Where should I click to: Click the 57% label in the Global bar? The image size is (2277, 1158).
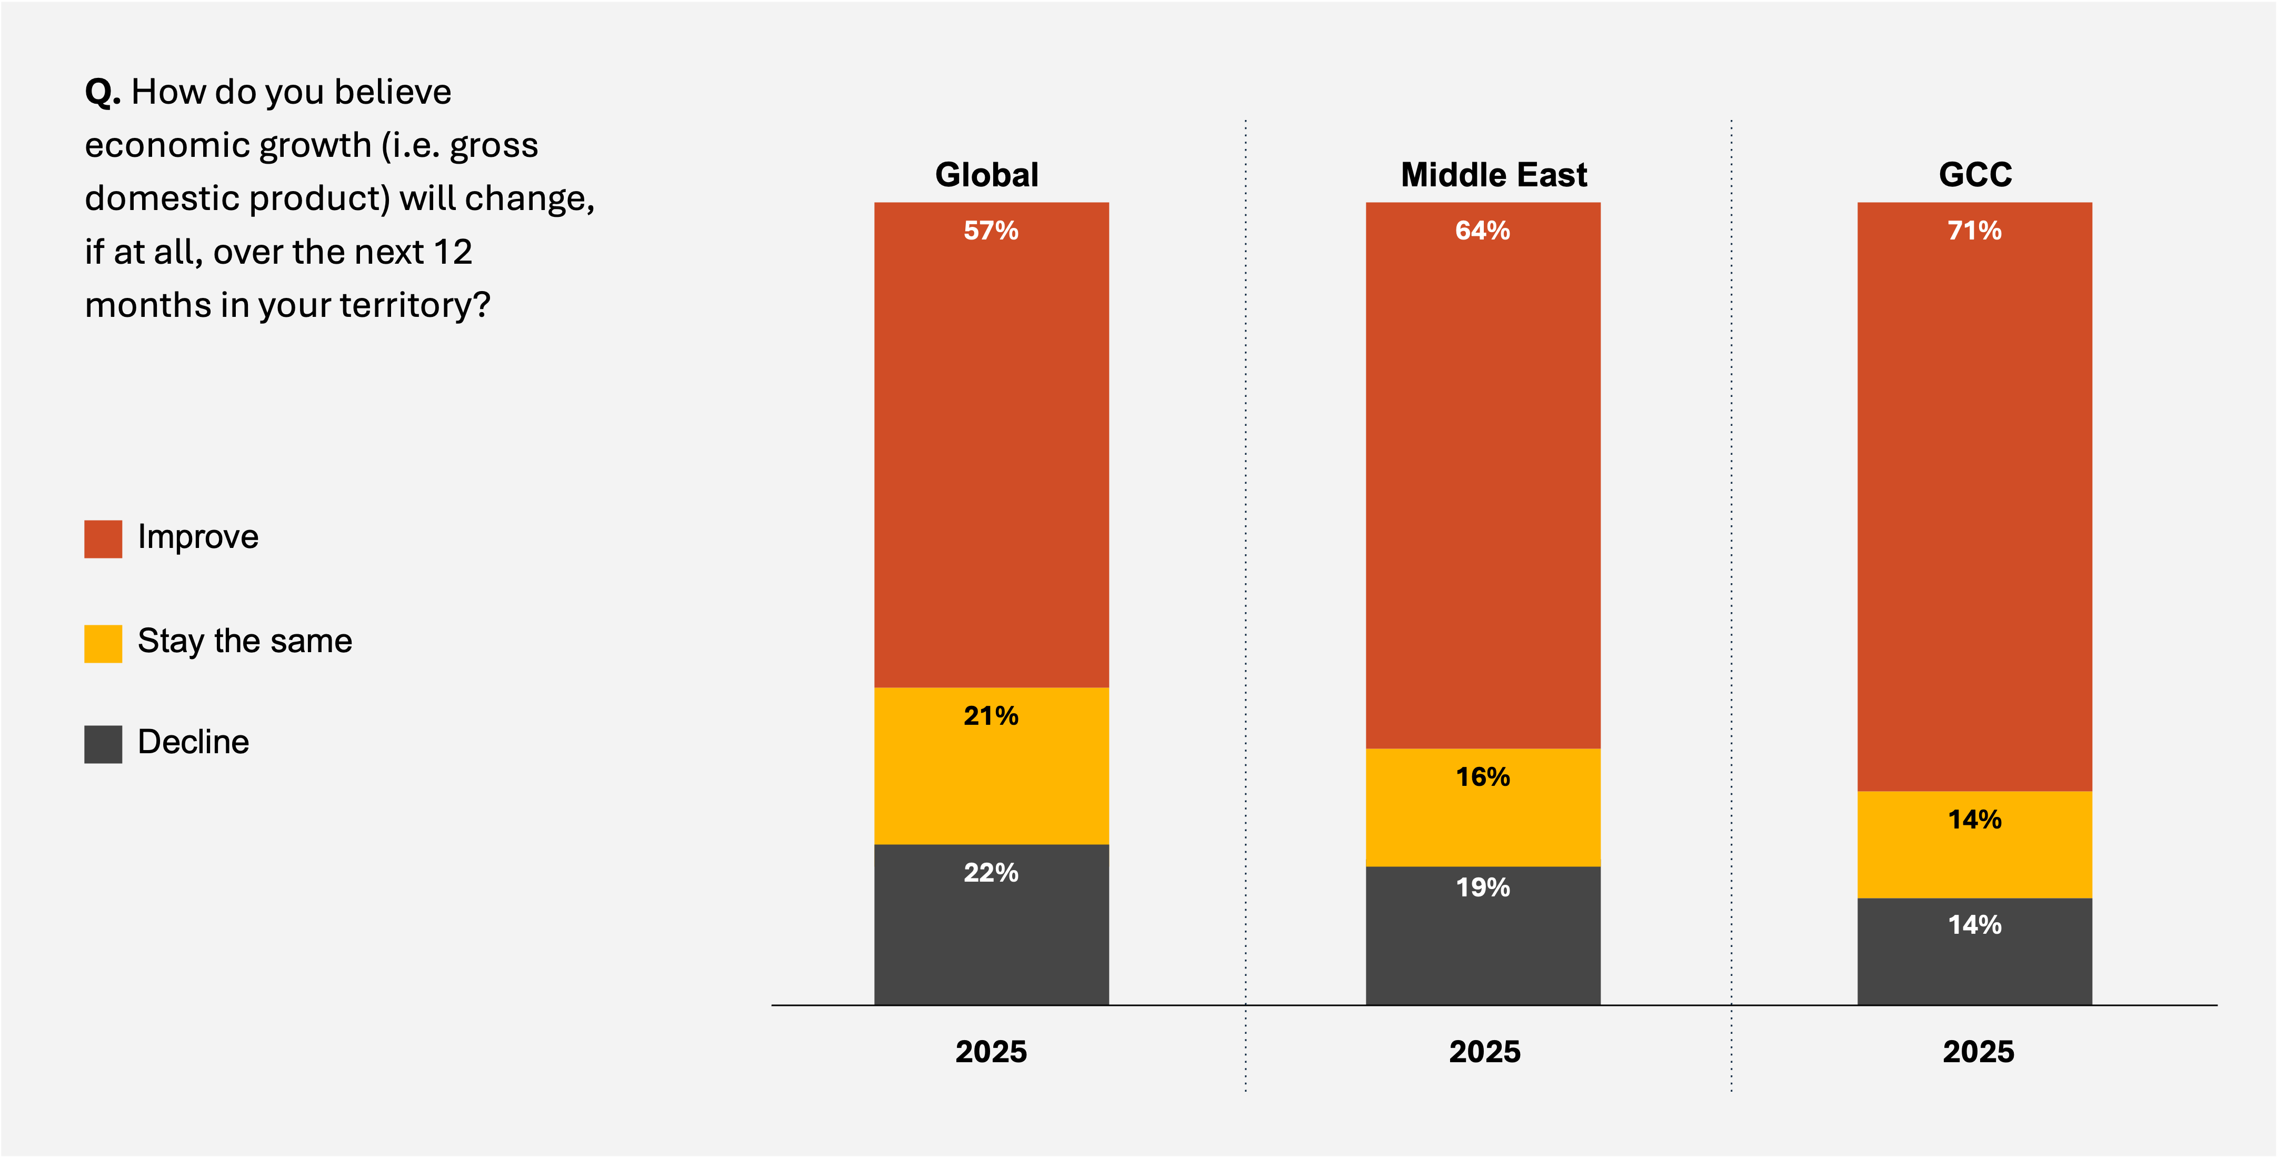[991, 231]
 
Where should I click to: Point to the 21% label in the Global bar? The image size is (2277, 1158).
[991, 715]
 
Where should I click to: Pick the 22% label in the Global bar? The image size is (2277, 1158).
[991, 873]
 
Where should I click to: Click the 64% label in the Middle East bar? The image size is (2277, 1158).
[1482, 231]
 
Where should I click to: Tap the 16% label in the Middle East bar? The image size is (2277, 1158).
[1482, 776]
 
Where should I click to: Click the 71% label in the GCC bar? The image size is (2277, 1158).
[1974, 231]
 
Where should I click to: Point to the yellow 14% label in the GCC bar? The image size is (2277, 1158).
[1974, 820]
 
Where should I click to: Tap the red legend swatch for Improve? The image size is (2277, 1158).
[103, 538]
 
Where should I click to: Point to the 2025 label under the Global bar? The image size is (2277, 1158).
[991, 1051]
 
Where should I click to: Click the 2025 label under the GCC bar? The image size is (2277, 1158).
[1978, 1051]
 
